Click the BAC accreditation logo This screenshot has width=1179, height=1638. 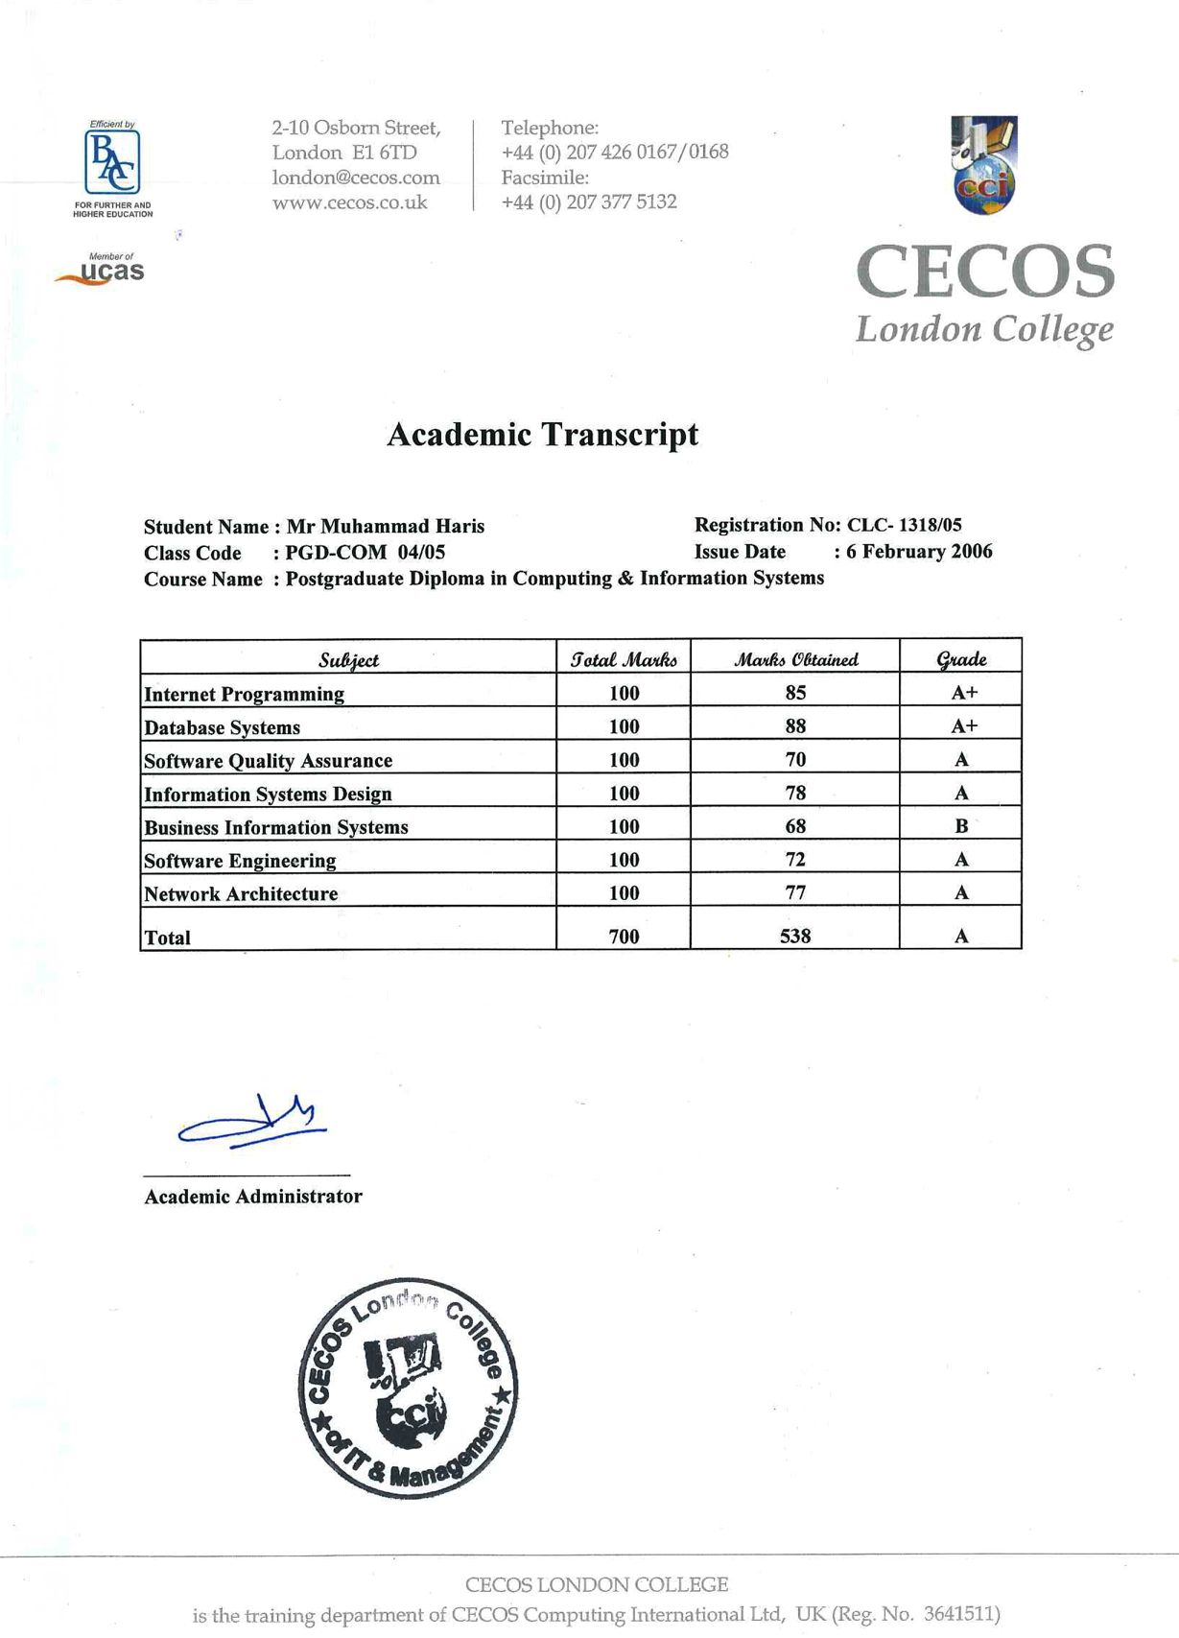112,164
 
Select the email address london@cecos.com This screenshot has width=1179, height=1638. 356,178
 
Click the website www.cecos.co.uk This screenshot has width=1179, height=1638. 349,202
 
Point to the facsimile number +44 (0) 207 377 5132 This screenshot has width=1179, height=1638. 589,202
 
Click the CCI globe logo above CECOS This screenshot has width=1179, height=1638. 984,165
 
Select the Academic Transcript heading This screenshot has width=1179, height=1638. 542,435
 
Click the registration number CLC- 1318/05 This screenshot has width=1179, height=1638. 904,525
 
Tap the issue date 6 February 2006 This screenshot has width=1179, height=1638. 919,552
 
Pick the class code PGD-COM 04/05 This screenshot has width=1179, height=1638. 365,553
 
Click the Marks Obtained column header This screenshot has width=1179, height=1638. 795,659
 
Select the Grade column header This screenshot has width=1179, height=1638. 960,659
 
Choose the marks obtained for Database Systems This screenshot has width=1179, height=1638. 795,726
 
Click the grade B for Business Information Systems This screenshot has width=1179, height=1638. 961,826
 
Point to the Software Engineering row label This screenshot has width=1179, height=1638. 240,861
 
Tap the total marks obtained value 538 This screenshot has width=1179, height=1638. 795,937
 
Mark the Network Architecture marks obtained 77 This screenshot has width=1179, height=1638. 795,893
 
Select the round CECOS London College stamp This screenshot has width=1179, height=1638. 408,1388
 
